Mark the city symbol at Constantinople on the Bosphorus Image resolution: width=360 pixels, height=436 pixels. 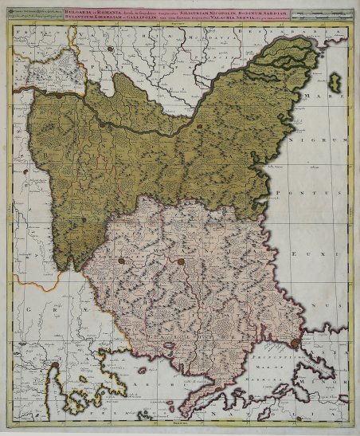click(x=295, y=343)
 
